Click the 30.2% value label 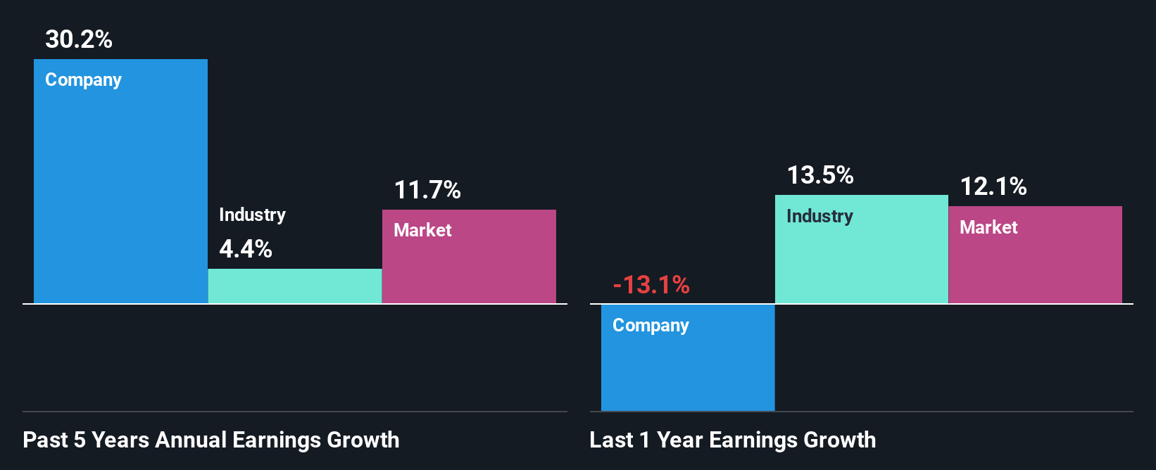tap(79, 39)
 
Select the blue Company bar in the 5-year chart tap(120, 197)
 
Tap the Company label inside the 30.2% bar tap(83, 80)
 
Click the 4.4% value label tap(246, 249)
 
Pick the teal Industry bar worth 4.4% tap(295, 286)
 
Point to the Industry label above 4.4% tap(252, 215)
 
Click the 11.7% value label tap(427, 190)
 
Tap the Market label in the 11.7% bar tap(422, 230)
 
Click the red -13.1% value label tap(651, 285)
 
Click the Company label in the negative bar tap(651, 326)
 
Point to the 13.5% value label tap(820, 175)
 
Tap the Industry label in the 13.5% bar tap(819, 216)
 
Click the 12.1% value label tap(993, 186)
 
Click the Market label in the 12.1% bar tap(988, 227)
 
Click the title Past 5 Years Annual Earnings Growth tap(211, 440)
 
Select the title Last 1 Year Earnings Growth tap(733, 440)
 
